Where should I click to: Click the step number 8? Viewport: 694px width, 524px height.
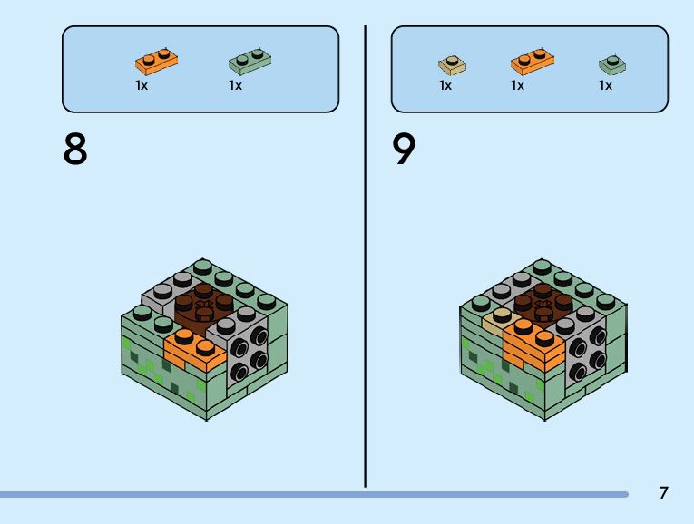pos(76,149)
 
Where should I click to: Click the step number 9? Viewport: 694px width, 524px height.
pos(405,149)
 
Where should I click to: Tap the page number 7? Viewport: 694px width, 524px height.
pos(663,493)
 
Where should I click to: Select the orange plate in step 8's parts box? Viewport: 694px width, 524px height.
pos(156,62)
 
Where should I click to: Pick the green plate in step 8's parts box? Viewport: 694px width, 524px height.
pos(251,61)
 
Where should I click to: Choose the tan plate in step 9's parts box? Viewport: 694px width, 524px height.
pos(451,63)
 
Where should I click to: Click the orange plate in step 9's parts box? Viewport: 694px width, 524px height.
pos(533,62)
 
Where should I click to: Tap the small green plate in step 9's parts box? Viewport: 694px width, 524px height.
pos(612,63)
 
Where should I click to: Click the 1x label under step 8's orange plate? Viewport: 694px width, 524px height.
pos(142,85)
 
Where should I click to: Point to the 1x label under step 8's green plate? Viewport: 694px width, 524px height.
pos(235,85)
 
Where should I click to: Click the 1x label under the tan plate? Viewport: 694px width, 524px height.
pos(445,85)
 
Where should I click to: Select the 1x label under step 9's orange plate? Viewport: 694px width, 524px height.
pos(517,85)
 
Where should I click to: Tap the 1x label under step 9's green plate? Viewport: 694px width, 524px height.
pos(605,85)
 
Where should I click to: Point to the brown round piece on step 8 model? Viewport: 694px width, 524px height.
pos(202,305)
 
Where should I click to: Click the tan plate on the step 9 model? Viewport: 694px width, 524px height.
pos(498,317)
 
